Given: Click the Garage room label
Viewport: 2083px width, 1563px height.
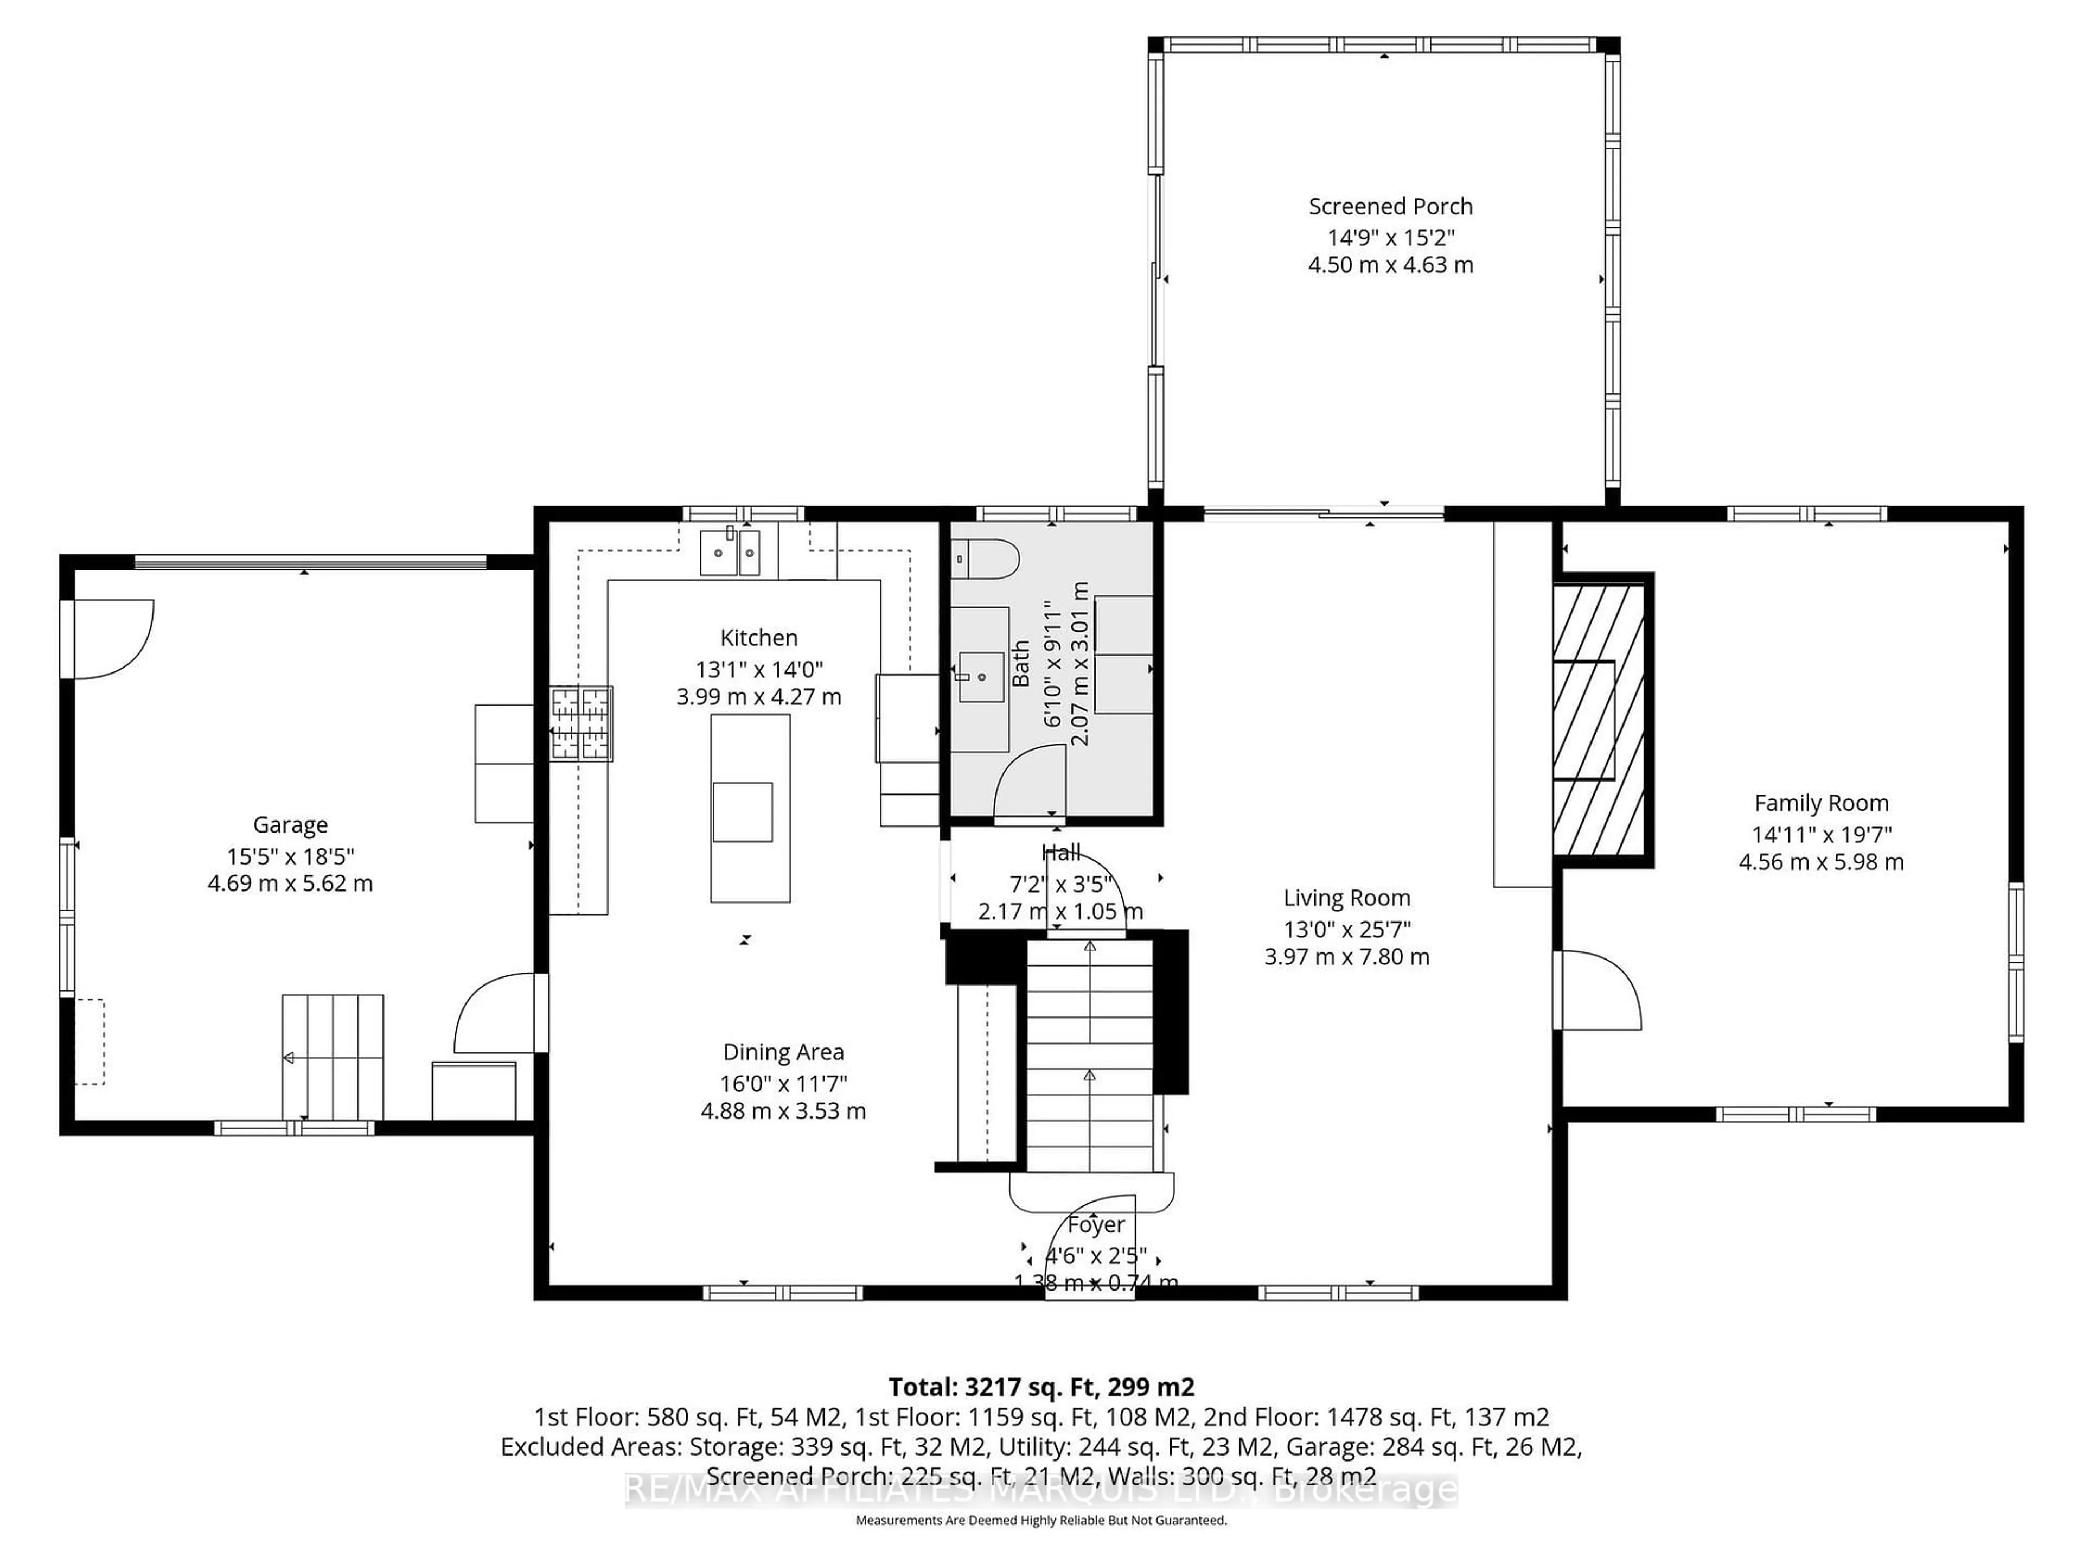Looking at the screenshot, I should [290, 824].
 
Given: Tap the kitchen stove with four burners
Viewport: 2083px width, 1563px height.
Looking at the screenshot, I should [581, 723].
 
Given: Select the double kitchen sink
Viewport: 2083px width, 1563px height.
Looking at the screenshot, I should [729, 552].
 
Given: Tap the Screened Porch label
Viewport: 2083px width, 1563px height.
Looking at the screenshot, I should [1390, 206].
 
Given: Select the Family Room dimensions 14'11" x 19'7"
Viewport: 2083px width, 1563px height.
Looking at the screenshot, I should [1820, 834].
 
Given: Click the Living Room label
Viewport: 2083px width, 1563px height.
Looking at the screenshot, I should [1346, 898].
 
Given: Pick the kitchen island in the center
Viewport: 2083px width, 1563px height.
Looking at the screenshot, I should [750, 808].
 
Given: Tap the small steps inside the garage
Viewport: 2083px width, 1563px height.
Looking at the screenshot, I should [333, 1056].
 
